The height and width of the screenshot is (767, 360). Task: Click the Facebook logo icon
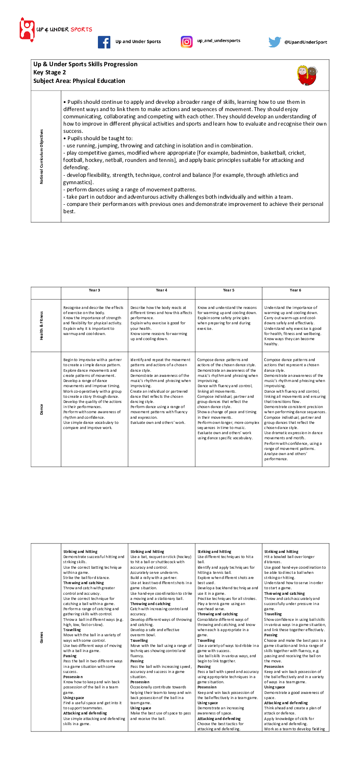click(x=104, y=42)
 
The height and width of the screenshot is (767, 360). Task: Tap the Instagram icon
click(x=186, y=41)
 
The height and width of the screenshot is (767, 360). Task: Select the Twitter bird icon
click(x=274, y=42)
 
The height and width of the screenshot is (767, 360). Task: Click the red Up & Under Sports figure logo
click(x=27, y=29)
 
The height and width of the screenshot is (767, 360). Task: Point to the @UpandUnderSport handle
click(x=306, y=42)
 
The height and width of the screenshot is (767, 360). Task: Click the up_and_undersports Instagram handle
click(x=218, y=41)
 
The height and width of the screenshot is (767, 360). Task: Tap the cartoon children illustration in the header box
click(x=307, y=76)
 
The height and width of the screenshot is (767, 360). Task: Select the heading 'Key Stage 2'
click(x=50, y=72)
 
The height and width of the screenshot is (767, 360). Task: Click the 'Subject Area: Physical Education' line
click(x=79, y=81)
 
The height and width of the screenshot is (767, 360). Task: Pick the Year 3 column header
click(x=94, y=290)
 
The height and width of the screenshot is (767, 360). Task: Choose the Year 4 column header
click(x=162, y=290)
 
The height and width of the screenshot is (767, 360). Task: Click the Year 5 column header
click(x=229, y=290)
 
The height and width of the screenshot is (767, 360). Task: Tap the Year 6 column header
click(x=295, y=290)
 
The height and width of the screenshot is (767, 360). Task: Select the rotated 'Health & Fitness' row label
click(x=41, y=326)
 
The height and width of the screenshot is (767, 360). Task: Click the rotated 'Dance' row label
click(x=41, y=409)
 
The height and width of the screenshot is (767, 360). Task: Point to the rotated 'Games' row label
click(x=41, y=638)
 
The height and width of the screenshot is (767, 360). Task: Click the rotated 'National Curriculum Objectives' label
click(x=41, y=156)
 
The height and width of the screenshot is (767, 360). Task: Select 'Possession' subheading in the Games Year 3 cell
click(x=73, y=677)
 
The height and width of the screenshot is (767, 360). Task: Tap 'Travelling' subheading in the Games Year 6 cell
click(x=273, y=614)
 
